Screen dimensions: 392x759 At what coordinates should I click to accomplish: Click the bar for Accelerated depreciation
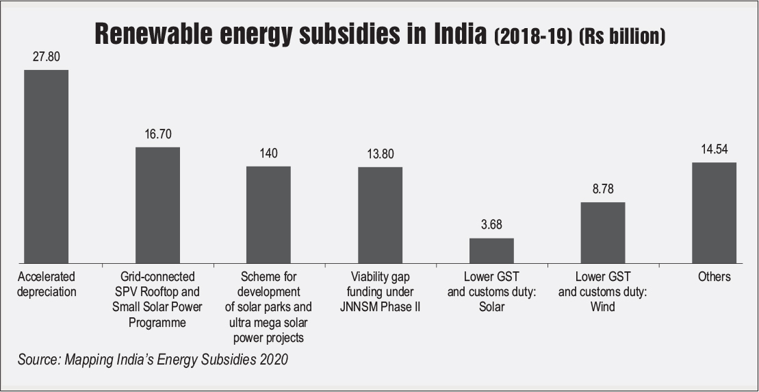coord(46,166)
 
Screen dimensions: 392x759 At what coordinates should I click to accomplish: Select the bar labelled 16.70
coord(157,205)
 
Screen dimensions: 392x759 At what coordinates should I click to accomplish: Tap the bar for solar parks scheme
coord(268,215)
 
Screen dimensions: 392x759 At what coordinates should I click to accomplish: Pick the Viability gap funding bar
coord(380,215)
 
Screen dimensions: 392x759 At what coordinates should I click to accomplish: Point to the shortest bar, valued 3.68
coord(491,250)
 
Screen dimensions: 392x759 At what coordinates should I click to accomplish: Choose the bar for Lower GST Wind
coord(603,232)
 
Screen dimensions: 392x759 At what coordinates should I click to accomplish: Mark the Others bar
coord(714,212)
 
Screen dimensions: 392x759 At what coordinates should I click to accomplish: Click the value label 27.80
coord(47,58)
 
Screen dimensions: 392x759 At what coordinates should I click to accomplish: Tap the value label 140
coord(268,154)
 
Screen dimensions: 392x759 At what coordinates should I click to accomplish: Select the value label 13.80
coord(380,154)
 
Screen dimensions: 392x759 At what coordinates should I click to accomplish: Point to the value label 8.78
coord(603,190)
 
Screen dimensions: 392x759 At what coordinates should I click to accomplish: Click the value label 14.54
coord(714,150)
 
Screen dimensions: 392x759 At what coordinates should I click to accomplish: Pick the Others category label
coord(714,277)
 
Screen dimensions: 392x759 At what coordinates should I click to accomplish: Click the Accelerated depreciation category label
coord(47,284)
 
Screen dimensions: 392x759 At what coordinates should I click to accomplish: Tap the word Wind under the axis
coord(603,307)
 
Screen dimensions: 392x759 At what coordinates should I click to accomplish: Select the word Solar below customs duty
coord(491,307)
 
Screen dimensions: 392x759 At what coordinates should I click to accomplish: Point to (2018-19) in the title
coord(532,36)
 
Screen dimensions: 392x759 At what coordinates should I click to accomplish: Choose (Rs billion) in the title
coord(622,36)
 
